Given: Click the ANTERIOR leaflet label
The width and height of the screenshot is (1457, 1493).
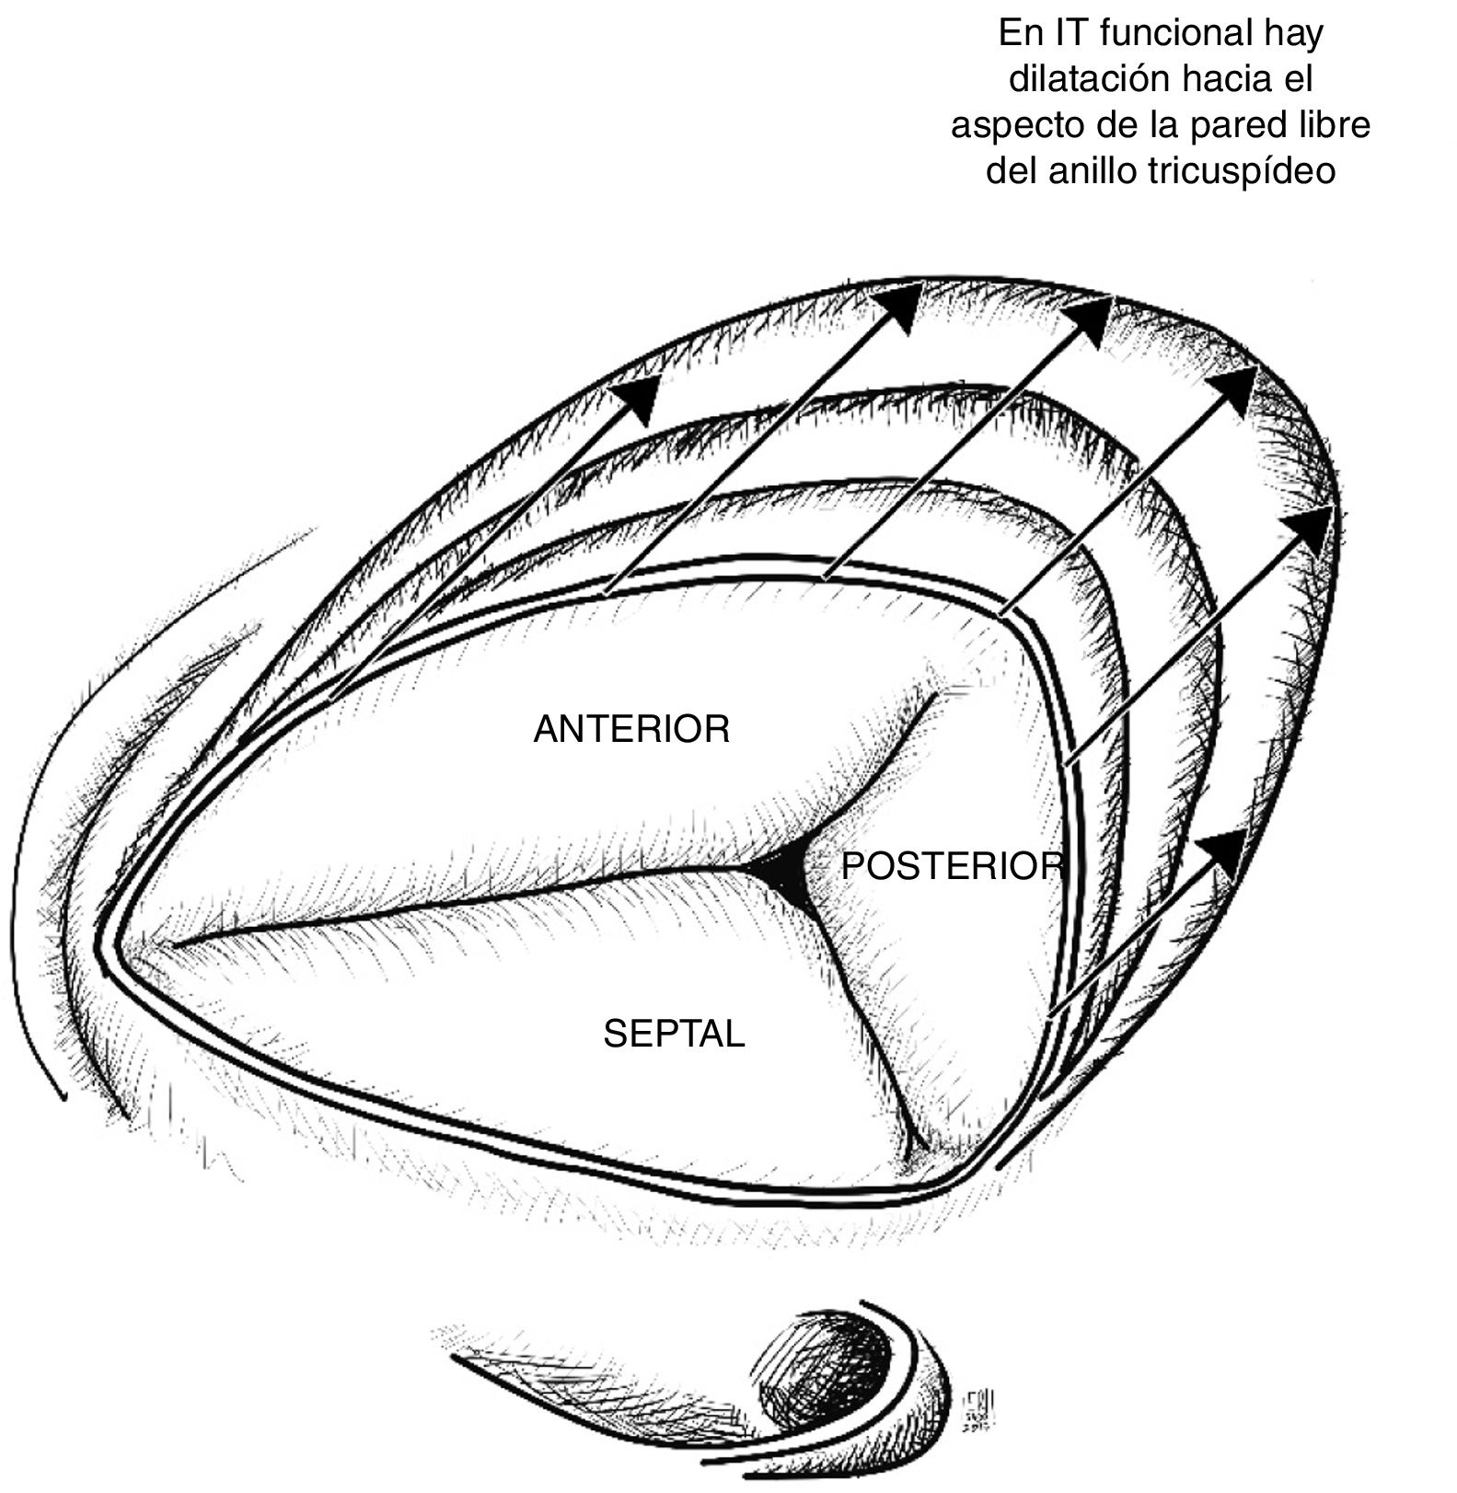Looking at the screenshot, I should tap(631, 729).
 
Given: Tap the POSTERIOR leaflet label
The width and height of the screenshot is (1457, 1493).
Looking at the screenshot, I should tap(952, 866).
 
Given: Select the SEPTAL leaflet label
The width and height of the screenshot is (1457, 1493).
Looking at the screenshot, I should tap(674, 1035).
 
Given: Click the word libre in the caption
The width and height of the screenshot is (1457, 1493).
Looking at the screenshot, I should tap(1331, 125).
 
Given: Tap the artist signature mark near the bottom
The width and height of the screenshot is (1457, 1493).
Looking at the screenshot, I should tap(976, 1412).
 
